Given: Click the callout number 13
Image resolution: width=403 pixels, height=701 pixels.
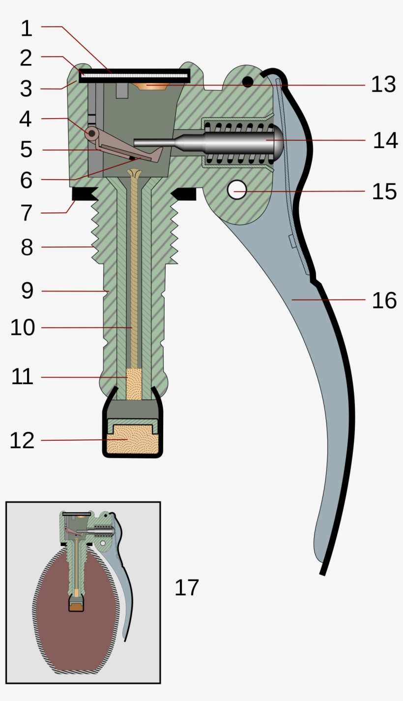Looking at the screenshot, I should tap(383, 85).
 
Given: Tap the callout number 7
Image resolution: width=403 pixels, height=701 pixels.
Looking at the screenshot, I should tap(26, 213).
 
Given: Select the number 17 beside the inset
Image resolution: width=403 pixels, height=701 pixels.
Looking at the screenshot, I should tap(187, 587).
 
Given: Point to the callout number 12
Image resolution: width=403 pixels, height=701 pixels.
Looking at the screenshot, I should tap(22, 440).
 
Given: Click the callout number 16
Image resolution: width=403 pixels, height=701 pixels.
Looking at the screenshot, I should tap(384, 300).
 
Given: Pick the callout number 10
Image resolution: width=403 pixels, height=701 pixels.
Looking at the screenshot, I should tap(23, 328).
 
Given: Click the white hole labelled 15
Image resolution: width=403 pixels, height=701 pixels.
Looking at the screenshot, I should tap(237, 190).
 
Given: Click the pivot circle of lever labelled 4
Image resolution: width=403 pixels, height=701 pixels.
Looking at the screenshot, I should tap(91, 133).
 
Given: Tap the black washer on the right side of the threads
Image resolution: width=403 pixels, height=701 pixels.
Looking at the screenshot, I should tap(185, 194).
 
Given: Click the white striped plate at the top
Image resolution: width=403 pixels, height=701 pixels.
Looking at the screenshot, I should tap(134, 75).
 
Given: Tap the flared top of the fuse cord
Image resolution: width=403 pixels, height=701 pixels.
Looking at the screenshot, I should tap(134, 173).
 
